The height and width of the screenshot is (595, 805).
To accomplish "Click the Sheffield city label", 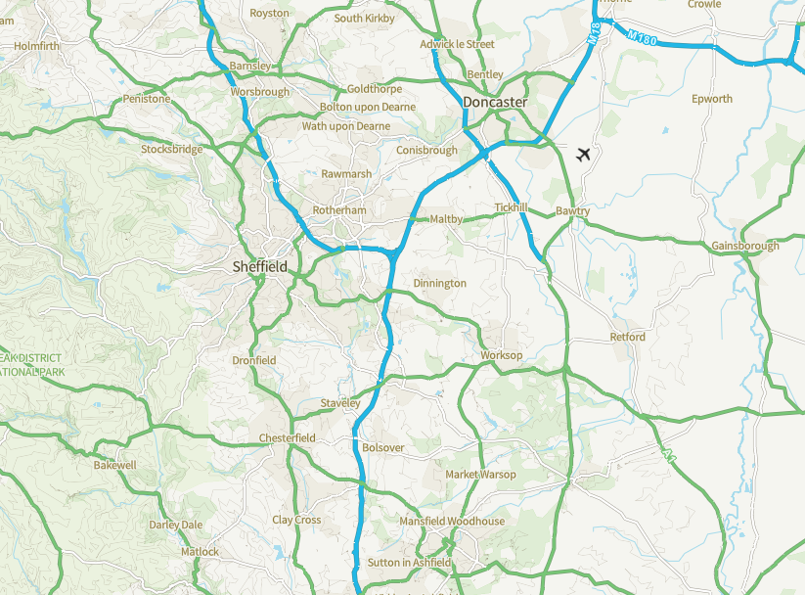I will tap(259, 266).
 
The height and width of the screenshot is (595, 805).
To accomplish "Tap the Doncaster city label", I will tap(495, 102).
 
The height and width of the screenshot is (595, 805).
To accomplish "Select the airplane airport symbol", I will tap(584, 154).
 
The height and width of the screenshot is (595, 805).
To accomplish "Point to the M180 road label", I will tap(641, 36).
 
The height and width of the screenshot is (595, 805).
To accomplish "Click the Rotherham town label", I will tap(338, 210).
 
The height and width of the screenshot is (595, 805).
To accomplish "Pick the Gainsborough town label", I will tap(745, 246).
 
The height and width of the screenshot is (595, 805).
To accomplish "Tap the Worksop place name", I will tap(501, 355).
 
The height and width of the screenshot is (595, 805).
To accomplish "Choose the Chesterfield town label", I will tap(287, 437).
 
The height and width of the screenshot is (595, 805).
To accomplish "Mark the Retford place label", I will tap(627, 337).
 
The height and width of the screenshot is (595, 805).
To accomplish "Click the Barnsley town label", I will tap(248, 66).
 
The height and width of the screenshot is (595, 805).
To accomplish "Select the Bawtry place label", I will tap(572, 211).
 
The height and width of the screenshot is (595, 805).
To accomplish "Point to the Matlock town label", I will tap(201, 552).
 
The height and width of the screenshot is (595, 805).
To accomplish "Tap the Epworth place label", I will tap(711, 99).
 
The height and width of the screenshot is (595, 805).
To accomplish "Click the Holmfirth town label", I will tap(37, 46).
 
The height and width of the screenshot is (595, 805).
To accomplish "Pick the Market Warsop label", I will tap(480, 475).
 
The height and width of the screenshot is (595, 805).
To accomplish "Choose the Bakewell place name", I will tap(114, 465).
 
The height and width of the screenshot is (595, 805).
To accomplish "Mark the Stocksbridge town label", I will tap(172, 150).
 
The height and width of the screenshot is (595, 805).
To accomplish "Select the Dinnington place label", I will tap(439, 283).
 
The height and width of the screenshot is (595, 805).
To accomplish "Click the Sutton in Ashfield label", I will tap(409, 563).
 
